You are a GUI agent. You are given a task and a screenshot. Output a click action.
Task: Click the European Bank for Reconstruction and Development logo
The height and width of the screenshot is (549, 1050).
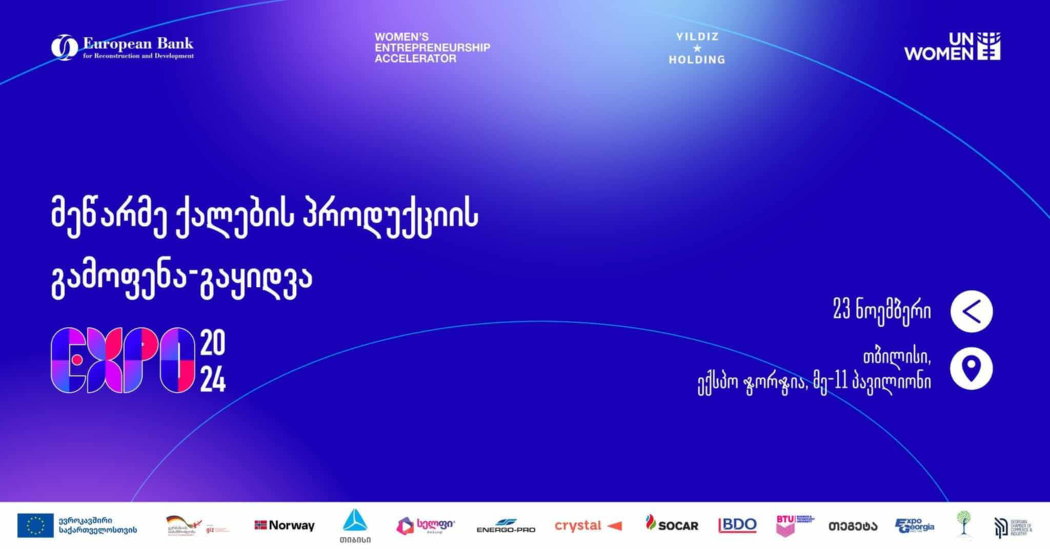(x=122, y=48)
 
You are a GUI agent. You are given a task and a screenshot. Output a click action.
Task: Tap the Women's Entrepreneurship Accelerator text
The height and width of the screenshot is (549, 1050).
(x=432, y=48)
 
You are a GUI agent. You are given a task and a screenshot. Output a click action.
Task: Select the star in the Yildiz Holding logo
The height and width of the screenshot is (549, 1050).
(x=697, y=49)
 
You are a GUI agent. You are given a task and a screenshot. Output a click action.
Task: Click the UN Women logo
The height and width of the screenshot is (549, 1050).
(x=952, y=47)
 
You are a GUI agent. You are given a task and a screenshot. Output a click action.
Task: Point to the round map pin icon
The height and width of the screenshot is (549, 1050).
(x=971, y=368)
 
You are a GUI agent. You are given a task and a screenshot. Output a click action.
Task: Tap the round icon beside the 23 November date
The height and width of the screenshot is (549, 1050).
(x=971, y=311)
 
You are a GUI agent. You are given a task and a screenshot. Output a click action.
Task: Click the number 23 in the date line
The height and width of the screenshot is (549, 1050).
(x=842, y=310)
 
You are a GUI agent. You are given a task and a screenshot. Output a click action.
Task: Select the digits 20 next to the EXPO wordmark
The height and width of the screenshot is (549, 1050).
(x=212, y=343)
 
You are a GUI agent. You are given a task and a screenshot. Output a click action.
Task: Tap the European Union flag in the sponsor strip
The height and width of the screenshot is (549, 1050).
(x=35, y=525)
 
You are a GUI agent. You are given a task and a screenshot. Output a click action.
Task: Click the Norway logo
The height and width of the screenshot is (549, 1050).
(x=285, y=525)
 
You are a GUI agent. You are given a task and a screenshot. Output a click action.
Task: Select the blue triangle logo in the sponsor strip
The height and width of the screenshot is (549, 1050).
(x=355, y=521)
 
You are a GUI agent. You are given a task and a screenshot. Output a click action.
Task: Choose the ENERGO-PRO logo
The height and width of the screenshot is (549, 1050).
(x=506, y=526)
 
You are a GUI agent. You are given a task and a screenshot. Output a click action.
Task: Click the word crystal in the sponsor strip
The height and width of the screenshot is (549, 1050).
(x=577, y=525)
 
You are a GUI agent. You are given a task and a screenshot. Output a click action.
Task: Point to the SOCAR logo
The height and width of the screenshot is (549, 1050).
(x=672, y=524)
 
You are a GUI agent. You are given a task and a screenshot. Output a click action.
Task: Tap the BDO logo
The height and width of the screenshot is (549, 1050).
(x=737, y=525)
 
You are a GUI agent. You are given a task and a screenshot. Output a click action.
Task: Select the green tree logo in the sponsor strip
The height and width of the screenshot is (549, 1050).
(x=964, y=523)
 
